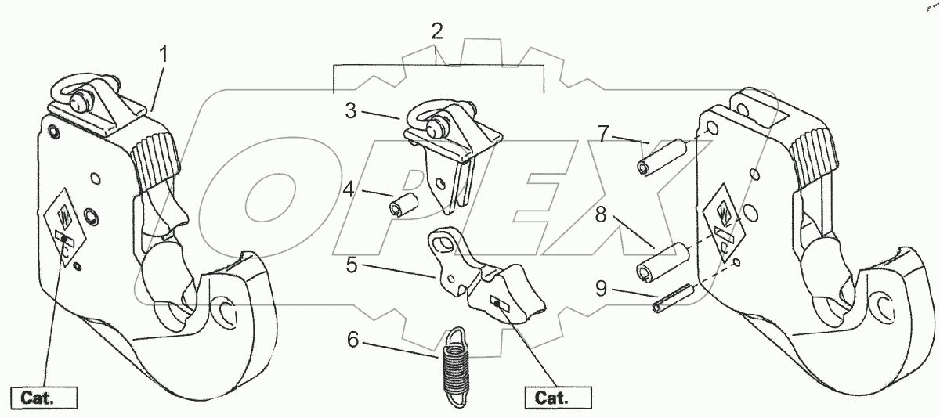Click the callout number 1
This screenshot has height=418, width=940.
163,55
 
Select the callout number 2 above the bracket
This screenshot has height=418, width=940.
437,32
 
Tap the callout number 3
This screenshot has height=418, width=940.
351,111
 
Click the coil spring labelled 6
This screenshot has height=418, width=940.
452,366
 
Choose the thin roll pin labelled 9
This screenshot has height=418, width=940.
674,298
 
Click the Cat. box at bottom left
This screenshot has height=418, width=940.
44,398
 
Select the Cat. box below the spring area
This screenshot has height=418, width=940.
562,398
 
